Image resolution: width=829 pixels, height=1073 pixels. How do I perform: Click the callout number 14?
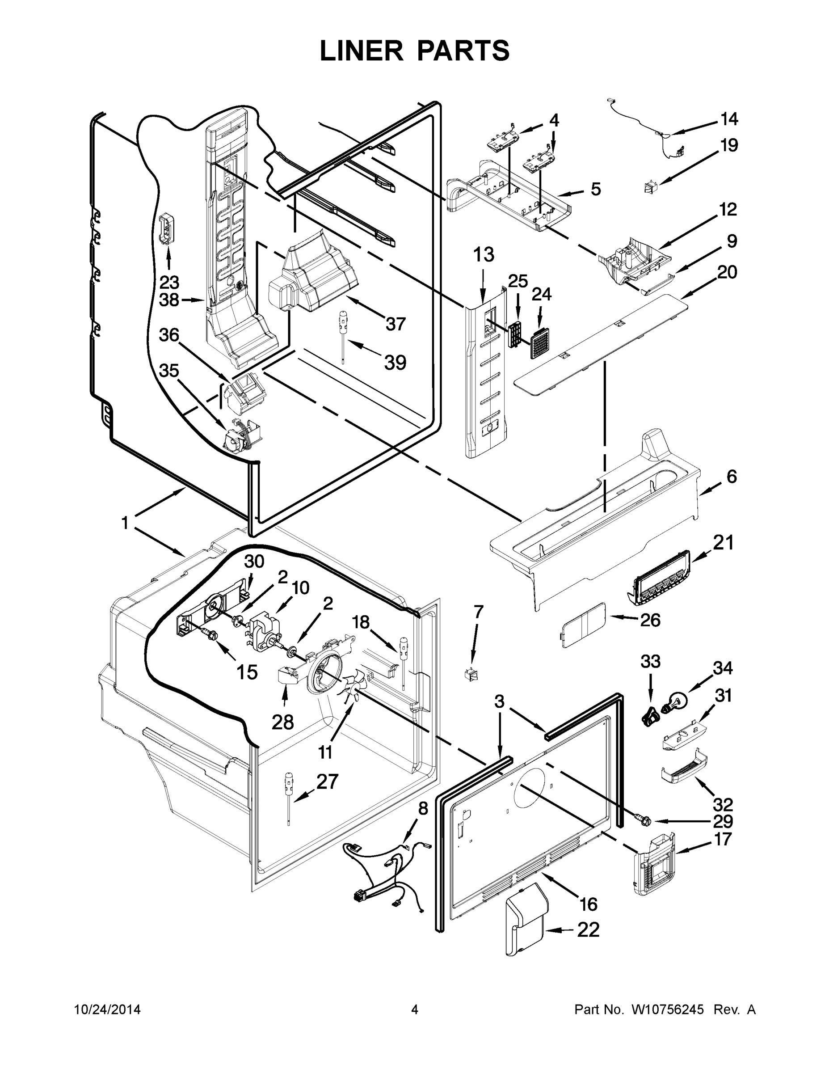(x=729, y=119)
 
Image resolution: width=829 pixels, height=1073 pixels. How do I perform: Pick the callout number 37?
(x=396, y=324)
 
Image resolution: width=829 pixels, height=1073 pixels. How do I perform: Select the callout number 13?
(x=483, y=255)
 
